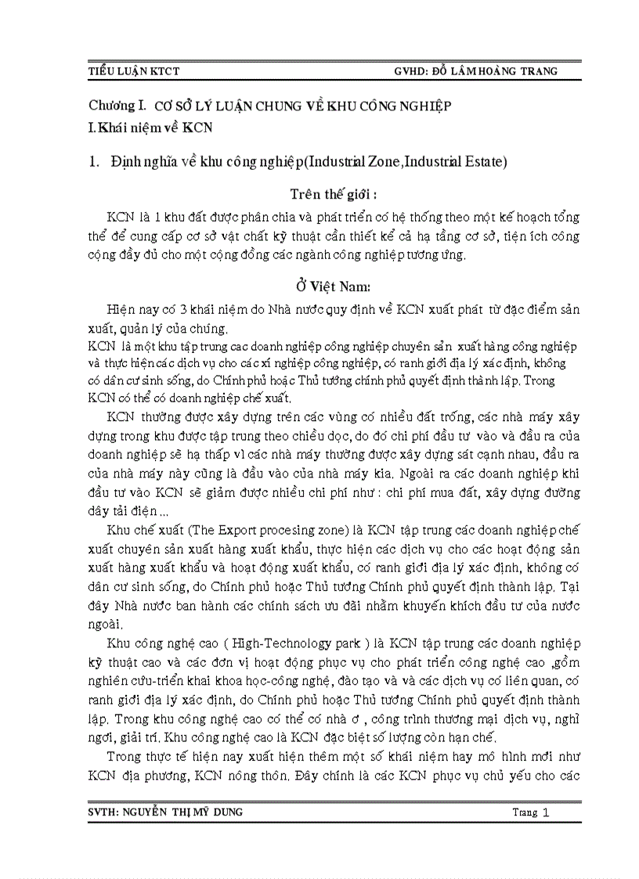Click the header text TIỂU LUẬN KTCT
pos(134,71)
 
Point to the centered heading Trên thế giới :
pos(328,193)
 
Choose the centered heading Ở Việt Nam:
pos(327,287)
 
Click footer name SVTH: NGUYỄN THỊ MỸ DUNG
pos(165,812)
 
